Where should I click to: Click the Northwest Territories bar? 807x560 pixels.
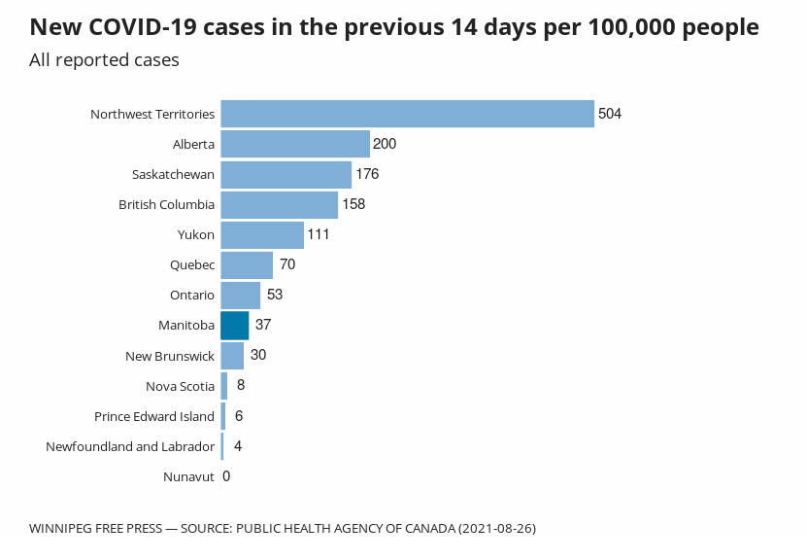point(407,114)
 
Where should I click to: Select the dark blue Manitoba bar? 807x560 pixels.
point(235,325)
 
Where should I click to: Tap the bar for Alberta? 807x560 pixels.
point(295,144)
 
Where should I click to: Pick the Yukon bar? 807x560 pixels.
point(262,234)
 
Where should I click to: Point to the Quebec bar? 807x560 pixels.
point(247,264)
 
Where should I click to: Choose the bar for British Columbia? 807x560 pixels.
point(280,204)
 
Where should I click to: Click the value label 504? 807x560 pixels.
point(610,114)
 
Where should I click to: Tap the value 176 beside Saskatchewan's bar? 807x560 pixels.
point(367,174)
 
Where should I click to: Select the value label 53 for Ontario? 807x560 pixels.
point(275,295)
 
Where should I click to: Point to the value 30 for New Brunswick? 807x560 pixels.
point(258,355)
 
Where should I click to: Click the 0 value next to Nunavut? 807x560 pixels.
point(226,476)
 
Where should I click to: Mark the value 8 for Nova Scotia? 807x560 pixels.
point(241,385)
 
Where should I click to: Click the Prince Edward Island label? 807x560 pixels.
point(154,416)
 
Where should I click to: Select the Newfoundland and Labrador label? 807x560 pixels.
point(130,446)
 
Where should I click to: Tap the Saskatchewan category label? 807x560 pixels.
point(173,175)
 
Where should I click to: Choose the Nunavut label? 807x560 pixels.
point(189,476)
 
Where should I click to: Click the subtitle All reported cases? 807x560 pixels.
point(104,60)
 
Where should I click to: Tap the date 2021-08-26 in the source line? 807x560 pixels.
point(496,528)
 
